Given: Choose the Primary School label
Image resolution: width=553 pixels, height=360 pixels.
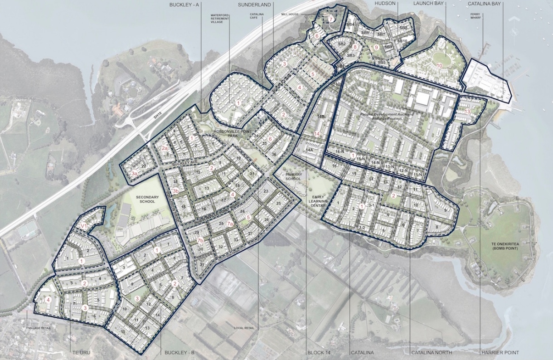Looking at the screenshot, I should [293, 176].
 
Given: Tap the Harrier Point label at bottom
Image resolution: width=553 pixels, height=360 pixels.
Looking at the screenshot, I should [501, 353].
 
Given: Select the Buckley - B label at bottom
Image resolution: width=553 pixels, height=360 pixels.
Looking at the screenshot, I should [179, 353].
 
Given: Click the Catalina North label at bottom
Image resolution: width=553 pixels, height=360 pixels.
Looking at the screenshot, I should [431, 353].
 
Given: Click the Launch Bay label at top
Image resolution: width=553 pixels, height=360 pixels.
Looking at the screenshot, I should [428, 5].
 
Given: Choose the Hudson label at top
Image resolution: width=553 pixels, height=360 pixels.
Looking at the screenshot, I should [386, 5].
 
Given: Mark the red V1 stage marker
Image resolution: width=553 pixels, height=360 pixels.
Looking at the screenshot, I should [84, 225].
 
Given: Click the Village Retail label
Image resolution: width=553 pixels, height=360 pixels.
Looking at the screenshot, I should [39, 327].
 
